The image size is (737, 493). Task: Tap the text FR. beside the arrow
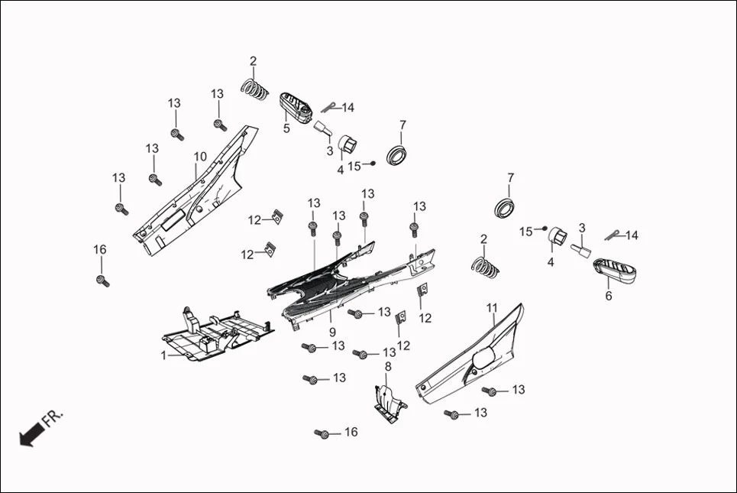coord(53,418)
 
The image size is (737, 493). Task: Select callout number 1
coord(163,355)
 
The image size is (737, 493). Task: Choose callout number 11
coord(492,308)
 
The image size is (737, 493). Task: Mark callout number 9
coord(332,332)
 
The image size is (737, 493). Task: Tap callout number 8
coord(387,367)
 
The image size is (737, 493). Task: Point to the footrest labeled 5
coord(299,107)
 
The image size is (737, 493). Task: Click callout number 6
coord(609,296)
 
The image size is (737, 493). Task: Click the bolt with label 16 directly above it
coord(102,280)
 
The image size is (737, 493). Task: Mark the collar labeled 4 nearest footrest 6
coord(557,237)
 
